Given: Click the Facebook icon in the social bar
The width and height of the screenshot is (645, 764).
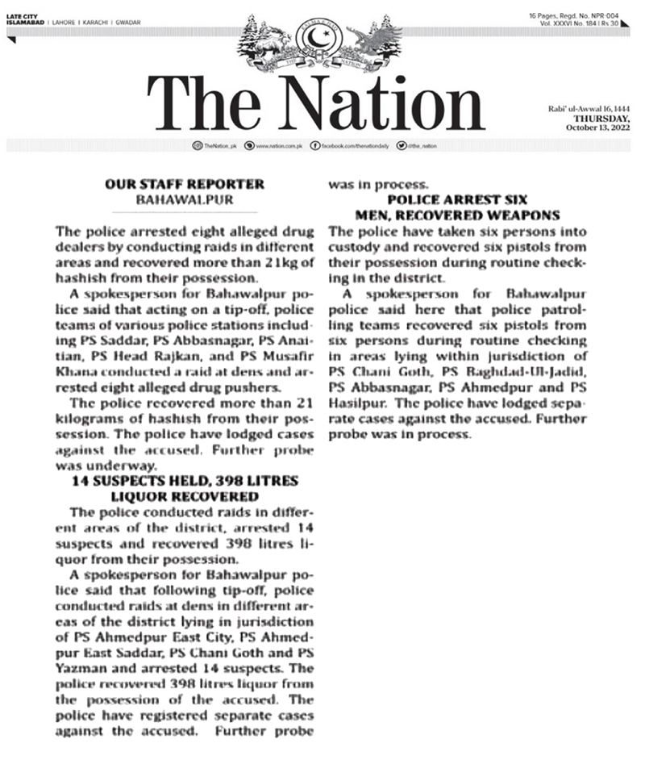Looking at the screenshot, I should pyautogui.click(x=316, y=145).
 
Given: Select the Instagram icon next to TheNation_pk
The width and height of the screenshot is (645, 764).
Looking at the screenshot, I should pyautogui.click(x=198, y=145).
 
